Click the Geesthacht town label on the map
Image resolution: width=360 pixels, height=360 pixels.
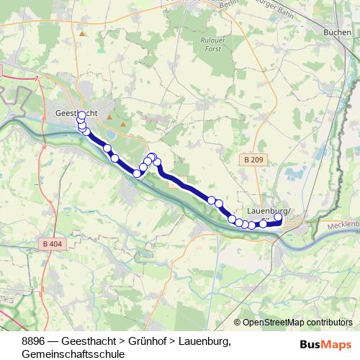[x=72, y=114]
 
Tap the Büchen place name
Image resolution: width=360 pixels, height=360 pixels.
[x=338, y=33]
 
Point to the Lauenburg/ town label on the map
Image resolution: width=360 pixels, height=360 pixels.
[x=267, y=210]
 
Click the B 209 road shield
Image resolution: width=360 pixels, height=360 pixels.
[x=253, y=159]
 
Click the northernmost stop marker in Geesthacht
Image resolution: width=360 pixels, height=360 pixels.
[x=81, y=115]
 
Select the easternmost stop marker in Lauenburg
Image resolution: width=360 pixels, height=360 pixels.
[x=279, y=217]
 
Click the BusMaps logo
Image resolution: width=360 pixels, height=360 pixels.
[x=326, y=344]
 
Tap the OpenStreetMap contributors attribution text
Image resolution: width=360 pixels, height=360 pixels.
[x=298, y=323]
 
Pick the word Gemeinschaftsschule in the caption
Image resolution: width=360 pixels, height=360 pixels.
[x=73, y=354]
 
